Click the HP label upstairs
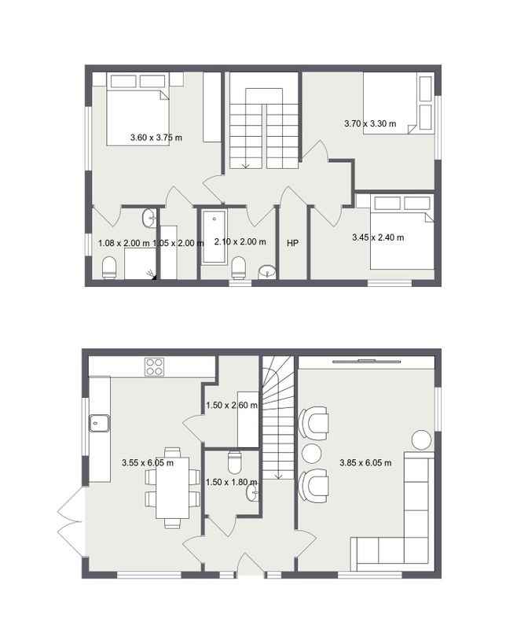coord(292,243)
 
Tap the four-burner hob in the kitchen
coord(154,366)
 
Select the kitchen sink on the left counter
coord(99,423)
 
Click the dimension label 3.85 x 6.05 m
coord(365,462)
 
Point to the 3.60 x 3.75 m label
coord(156,138)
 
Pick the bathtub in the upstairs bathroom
coord(214,237)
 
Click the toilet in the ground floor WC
coord(234,462)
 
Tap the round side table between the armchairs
coord(312,454)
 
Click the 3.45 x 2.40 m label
coord(378,237)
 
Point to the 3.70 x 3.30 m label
coord(370,123)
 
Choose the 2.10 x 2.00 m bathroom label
coord(240,241)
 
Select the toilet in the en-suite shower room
coord(109,267)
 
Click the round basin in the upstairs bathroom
coord(267,271)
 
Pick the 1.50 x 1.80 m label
coord(231,482)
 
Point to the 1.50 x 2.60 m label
coord(232,405)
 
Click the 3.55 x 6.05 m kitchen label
coord(148,462)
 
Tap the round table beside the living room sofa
coord(422,440)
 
